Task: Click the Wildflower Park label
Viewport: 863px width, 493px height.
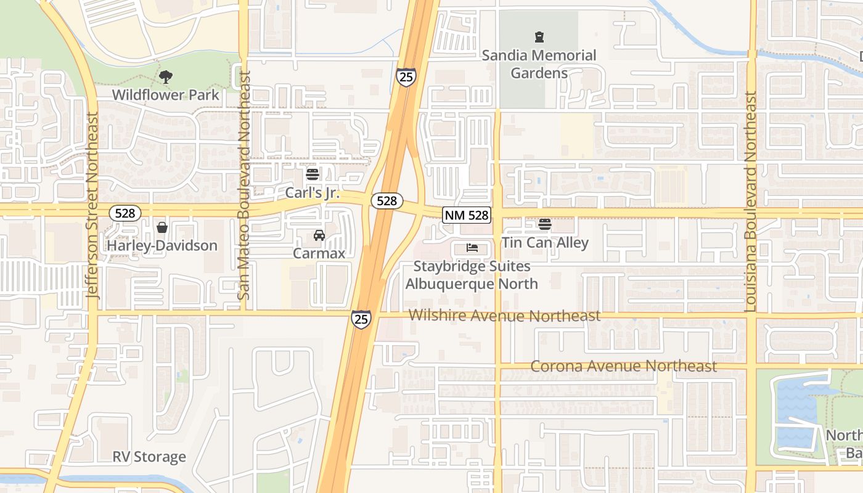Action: click(165, 95)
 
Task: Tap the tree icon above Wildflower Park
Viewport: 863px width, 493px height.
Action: click(165, 77)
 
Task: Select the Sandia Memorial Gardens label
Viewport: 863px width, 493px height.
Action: click(539, 64)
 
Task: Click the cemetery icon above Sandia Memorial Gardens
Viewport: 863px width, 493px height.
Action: click(539, 37)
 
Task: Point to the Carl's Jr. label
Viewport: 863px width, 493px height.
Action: click(313, 193)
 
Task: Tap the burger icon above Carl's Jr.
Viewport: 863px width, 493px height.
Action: click(313, 174)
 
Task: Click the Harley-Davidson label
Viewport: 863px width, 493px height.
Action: click(162, 245)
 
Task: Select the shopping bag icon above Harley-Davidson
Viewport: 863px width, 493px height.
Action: click(162, 227)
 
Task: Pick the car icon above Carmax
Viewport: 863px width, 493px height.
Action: click(319, 235)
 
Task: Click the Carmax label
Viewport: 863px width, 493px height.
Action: click(319, 253)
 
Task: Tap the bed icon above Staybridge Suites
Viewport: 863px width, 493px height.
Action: click(472, 248)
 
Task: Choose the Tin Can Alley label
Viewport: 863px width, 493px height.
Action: click(545, 243)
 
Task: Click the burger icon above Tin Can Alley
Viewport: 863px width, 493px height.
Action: click(545, 224)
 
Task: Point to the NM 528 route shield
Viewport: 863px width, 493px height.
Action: click(467, 215)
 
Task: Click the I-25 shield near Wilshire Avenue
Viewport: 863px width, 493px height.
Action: click(361, 319)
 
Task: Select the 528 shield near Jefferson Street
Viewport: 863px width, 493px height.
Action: click(125, 213)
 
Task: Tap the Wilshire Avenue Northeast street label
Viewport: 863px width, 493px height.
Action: click(504, 316)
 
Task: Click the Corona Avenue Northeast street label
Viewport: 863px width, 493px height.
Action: click(623, 366)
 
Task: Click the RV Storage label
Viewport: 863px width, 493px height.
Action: click(149, 457)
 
